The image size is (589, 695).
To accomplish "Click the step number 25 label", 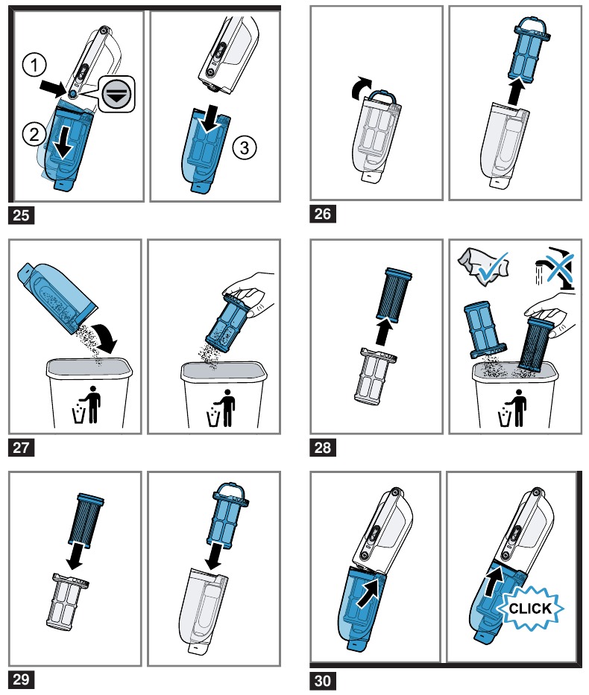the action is click(22, 215).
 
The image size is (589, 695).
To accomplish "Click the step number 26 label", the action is click(322, 214).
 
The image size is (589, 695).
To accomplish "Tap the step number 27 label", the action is click(22, 447).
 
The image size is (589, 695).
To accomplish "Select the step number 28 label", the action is click(322, 447).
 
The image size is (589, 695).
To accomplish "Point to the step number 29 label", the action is click(22, 679).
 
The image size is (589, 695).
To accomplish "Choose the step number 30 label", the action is click(322, 680).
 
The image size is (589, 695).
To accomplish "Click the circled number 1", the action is click(34, 65).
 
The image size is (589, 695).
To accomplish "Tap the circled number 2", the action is click(34, 134).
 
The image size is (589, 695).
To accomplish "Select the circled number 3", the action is click(245, 147).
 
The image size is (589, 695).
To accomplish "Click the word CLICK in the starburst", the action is click(530, 608).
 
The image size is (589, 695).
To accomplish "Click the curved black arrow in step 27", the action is click(106, 337).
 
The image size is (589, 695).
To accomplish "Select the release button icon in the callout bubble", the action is click(116, 94).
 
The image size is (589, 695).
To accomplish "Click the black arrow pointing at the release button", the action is click(53, 88).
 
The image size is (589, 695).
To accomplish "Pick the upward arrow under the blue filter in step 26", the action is click(516, 92).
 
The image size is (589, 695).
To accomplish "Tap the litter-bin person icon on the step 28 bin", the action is click(514, 407).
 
